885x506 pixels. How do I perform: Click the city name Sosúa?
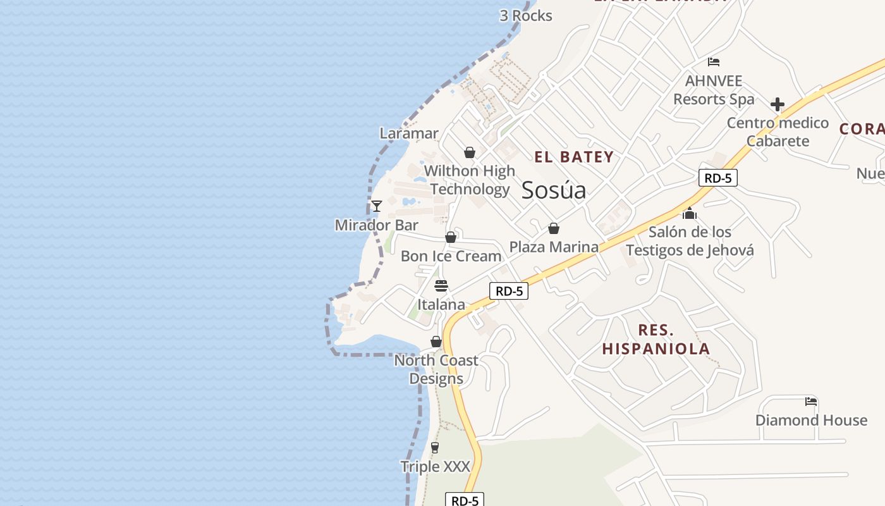554,190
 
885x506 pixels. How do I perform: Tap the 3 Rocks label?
526,16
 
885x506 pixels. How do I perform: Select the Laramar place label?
409,133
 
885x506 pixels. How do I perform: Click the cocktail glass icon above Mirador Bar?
377,206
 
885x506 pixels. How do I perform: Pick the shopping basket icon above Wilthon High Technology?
470,152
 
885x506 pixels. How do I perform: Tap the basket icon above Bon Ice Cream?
451,238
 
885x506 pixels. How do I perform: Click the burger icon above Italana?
441,286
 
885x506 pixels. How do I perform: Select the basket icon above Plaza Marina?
554,228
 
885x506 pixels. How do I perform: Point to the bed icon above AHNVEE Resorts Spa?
714,62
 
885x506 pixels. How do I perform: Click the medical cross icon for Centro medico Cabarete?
778,104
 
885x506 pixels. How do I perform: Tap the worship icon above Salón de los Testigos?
690,213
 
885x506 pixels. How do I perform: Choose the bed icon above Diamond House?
811,402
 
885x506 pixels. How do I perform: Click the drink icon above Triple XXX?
435,448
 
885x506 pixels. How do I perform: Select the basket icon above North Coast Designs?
436,342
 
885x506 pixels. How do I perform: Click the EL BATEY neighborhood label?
574,157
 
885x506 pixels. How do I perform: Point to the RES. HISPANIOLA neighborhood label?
656,340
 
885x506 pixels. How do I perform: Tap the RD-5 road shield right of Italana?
509,291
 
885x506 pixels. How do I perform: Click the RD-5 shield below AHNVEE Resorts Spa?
718,178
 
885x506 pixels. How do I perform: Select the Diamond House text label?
811,421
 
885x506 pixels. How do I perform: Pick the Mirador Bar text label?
377,225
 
